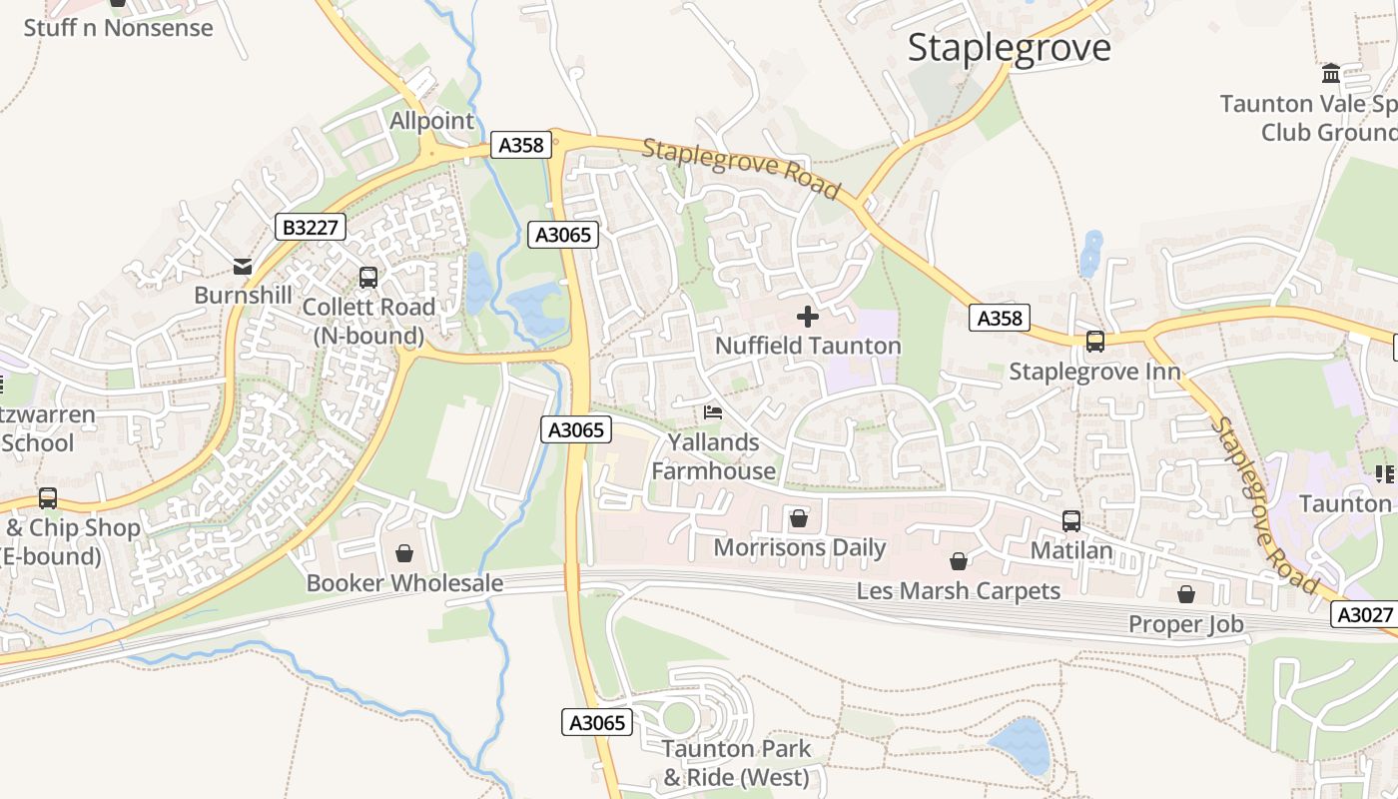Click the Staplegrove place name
[x=1009, y=48]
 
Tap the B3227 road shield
[x=311, y=228]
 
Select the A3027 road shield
[x=1365, y=615]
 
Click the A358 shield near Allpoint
[x=521, y=146]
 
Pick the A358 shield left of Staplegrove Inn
[x=1000, y=318]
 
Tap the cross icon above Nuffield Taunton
[x=808, y=318]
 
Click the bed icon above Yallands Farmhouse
[x=713, y=411]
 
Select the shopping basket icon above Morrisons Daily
[x=799, y=518]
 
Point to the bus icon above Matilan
[x=1071, y=520]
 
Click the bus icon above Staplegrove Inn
[x=1095, y=342]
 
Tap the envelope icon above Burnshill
[x=243, y=266]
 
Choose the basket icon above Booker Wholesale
[x=404, y=552]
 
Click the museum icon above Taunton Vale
[x=1331, y=74]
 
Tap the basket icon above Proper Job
[x=1186, y=595]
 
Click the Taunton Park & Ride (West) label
[x=737, y=763]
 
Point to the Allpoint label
[x=431, y=121]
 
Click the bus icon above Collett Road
[x=368, y=278]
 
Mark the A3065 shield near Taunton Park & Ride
[x=597, y=722]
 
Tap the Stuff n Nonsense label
[x=118, y=28]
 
